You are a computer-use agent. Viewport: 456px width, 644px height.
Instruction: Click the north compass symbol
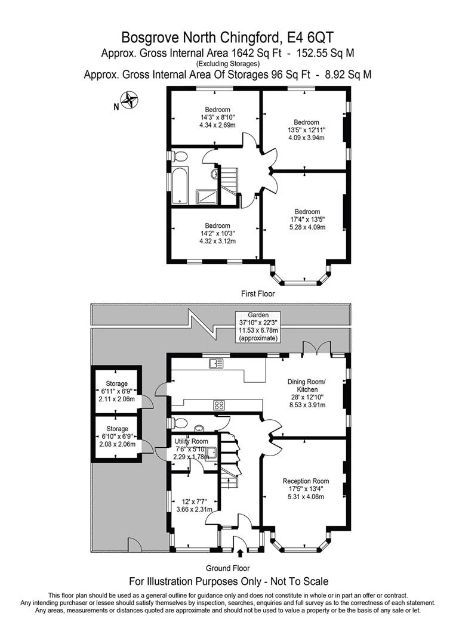click(130, 100)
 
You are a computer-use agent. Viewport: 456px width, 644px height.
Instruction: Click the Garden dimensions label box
click(258, 327)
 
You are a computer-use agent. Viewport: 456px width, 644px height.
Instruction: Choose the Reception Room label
click(306, 489)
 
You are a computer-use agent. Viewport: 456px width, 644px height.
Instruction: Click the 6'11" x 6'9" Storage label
click(117, 391)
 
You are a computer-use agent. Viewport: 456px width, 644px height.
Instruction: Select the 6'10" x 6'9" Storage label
click(117, 436)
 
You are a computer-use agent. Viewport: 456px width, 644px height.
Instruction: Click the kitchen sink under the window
click(215, 363)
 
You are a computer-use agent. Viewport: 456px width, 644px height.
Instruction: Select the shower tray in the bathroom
click(207, 196)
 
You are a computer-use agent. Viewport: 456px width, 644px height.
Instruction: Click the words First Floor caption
click(258, 293)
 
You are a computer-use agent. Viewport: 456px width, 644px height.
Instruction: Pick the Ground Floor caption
click(228, 568)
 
